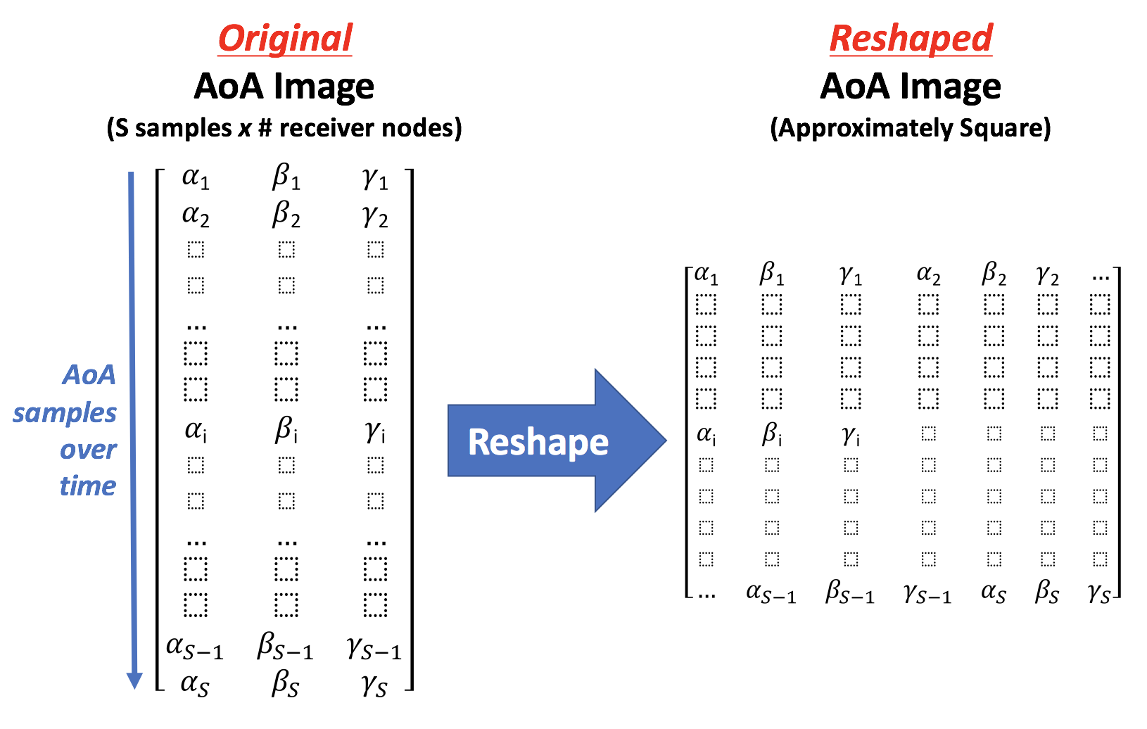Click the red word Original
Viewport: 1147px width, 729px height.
point(285,39)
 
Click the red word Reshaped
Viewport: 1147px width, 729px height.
point(911,39)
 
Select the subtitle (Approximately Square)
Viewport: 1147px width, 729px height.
point(911,128)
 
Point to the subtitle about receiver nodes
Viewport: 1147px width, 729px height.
point(284,128)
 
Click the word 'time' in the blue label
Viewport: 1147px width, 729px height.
point(88,486)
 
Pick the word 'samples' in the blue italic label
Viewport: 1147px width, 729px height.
point(65,413)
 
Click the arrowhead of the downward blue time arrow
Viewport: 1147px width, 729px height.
point(134,680)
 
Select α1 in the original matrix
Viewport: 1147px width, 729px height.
point(196,178)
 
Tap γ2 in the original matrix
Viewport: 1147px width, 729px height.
point(376,216)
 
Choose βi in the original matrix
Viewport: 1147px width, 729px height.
point(286,429)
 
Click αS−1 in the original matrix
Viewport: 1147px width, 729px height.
point(194,647)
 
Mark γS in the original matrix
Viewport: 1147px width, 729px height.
point(374,684)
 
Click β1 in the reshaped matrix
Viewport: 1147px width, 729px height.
point(772,274)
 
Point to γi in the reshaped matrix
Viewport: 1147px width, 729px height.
point(851,436)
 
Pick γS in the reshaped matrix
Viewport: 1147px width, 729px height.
point(1099,592)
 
